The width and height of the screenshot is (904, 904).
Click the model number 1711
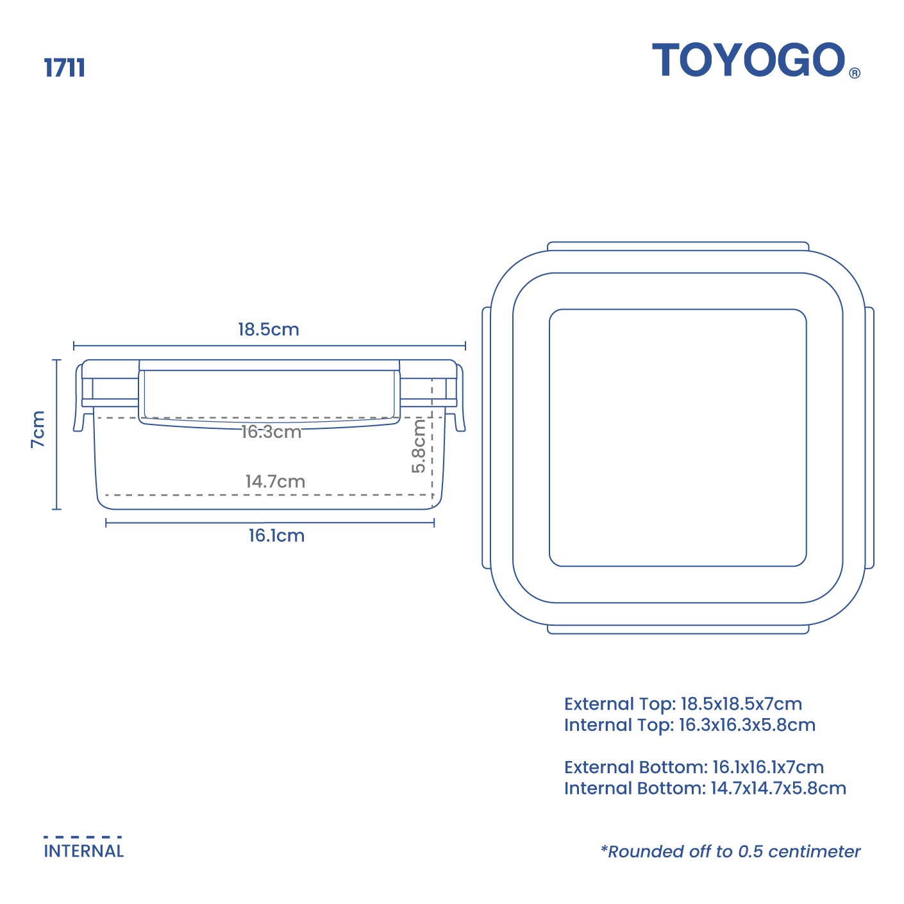[x=64, y=67]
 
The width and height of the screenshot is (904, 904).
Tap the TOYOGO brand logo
[x=749, y=60]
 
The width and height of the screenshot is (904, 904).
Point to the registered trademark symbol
[x=855, y=73]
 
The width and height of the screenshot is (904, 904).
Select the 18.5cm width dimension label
[x=269, y=330]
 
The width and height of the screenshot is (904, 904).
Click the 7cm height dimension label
[x=38, y=429]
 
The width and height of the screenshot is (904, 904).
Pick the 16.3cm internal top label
[x=271, y=432]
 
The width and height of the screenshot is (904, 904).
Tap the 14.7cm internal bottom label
[x=275, y=481]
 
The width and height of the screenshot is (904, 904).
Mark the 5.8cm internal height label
[x=418, y=446]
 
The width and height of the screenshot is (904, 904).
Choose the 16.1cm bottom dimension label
[x=276, y=535]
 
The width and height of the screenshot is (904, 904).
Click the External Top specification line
[x=683, y=704]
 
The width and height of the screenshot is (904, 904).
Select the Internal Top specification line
[x=690, y=725]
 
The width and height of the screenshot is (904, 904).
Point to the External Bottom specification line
[x=694, y=767]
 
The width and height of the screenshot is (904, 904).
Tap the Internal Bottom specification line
[x=705, y=788]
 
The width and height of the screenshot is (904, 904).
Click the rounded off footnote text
[x=730, y=851]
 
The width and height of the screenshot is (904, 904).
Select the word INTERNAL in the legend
[x=83, y=851]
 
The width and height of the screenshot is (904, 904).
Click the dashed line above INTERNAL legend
[x=83, y=837]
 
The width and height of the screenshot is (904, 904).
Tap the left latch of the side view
[x=80, y=398]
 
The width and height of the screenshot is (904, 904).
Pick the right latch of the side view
[x=460, y=398]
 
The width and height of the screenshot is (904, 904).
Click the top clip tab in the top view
[x=678, y=246]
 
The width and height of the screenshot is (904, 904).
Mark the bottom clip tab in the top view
[x=678, y=630]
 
